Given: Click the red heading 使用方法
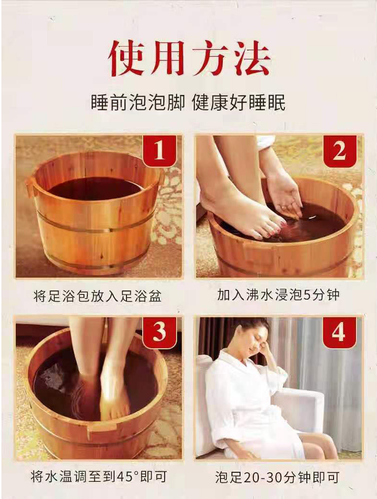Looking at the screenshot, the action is pos(189,59).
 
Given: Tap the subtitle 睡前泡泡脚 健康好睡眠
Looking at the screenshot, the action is pos(188,103).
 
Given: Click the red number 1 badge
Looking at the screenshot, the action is pos(159,150).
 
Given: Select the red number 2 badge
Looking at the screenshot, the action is pos(340,151).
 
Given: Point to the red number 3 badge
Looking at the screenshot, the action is pos(159,332).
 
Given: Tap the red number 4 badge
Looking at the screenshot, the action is pos(339,332).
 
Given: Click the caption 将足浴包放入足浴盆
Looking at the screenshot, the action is pos(97,296).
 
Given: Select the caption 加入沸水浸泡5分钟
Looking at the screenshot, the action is pos(278,295).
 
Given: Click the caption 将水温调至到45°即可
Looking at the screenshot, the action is pos(99,477).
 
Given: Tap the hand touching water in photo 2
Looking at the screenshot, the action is pos(284,195).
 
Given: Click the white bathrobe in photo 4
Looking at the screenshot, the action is pos(251,404).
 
